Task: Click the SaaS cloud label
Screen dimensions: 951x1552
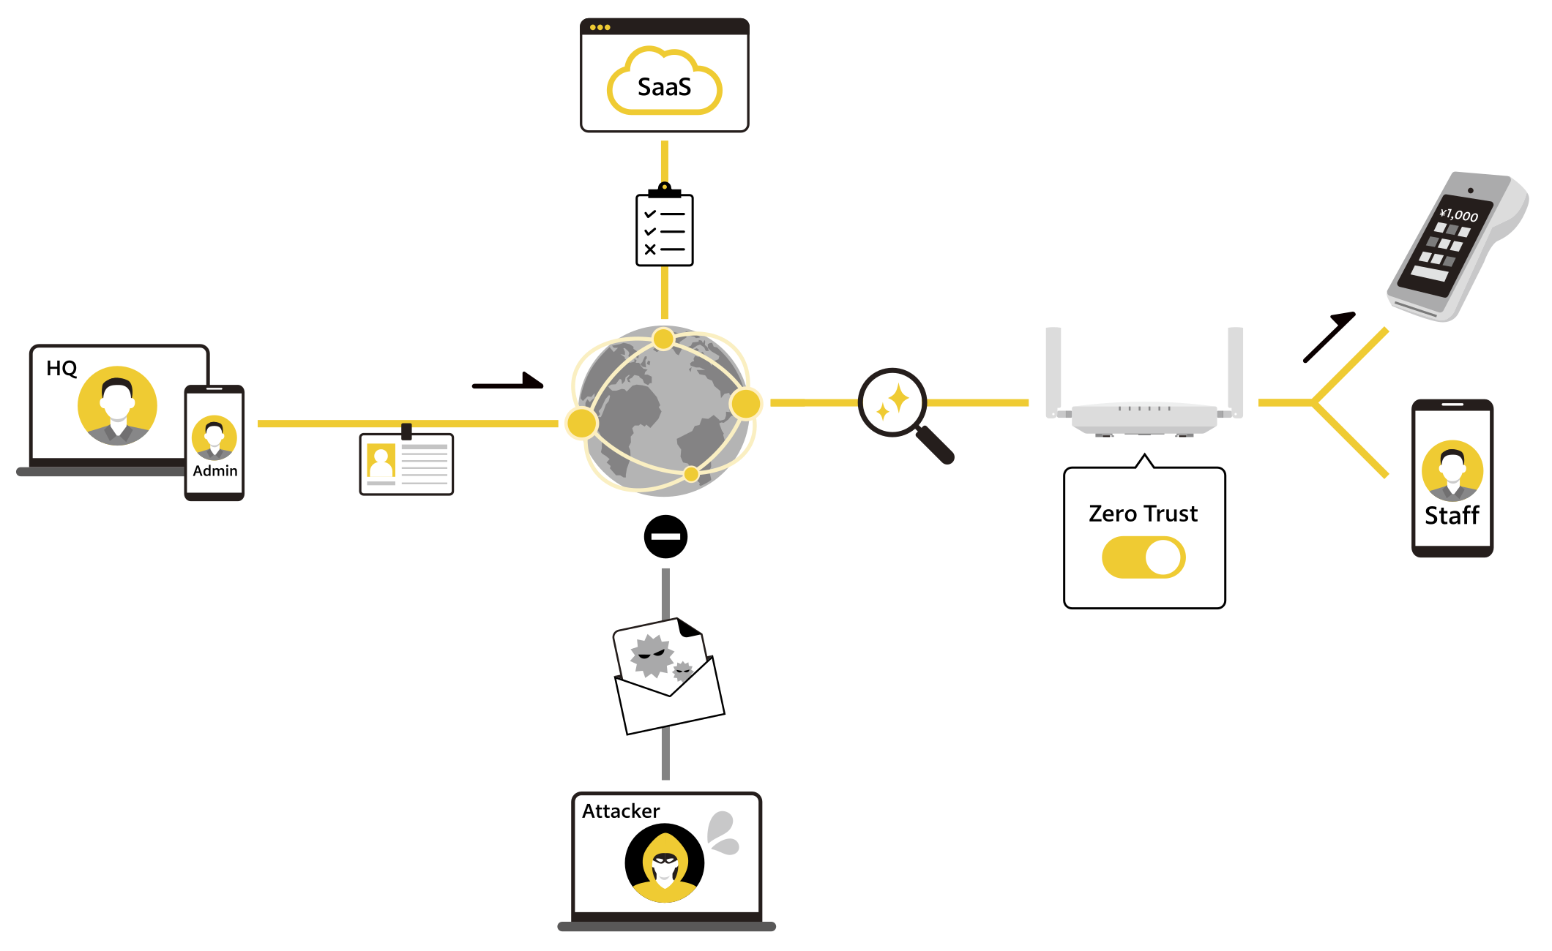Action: point(664,87)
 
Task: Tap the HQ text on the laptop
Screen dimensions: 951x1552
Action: point(61,368)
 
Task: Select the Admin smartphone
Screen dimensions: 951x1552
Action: point(214,443)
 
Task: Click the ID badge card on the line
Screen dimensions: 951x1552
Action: point(406,464)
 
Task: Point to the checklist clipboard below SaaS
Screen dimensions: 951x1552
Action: point(664,230)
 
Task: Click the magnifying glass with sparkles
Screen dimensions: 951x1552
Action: point(894,403)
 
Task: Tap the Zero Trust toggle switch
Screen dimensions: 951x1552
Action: point(1143,557)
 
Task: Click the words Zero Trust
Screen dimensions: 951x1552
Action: point(1143,514)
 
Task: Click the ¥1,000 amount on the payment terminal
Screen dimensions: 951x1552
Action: point(1458,215)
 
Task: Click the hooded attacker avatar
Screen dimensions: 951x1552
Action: point(664,863)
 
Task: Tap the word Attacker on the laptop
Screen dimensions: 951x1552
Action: point(621,811)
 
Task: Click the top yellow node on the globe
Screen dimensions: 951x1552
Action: point(663,339)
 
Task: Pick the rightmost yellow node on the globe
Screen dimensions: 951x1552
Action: point(746,404)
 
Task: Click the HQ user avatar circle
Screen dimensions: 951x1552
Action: point(117,405)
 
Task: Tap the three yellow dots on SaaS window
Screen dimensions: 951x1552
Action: point(600,27)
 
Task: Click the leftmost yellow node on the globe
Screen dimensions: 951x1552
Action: point(581,424)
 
